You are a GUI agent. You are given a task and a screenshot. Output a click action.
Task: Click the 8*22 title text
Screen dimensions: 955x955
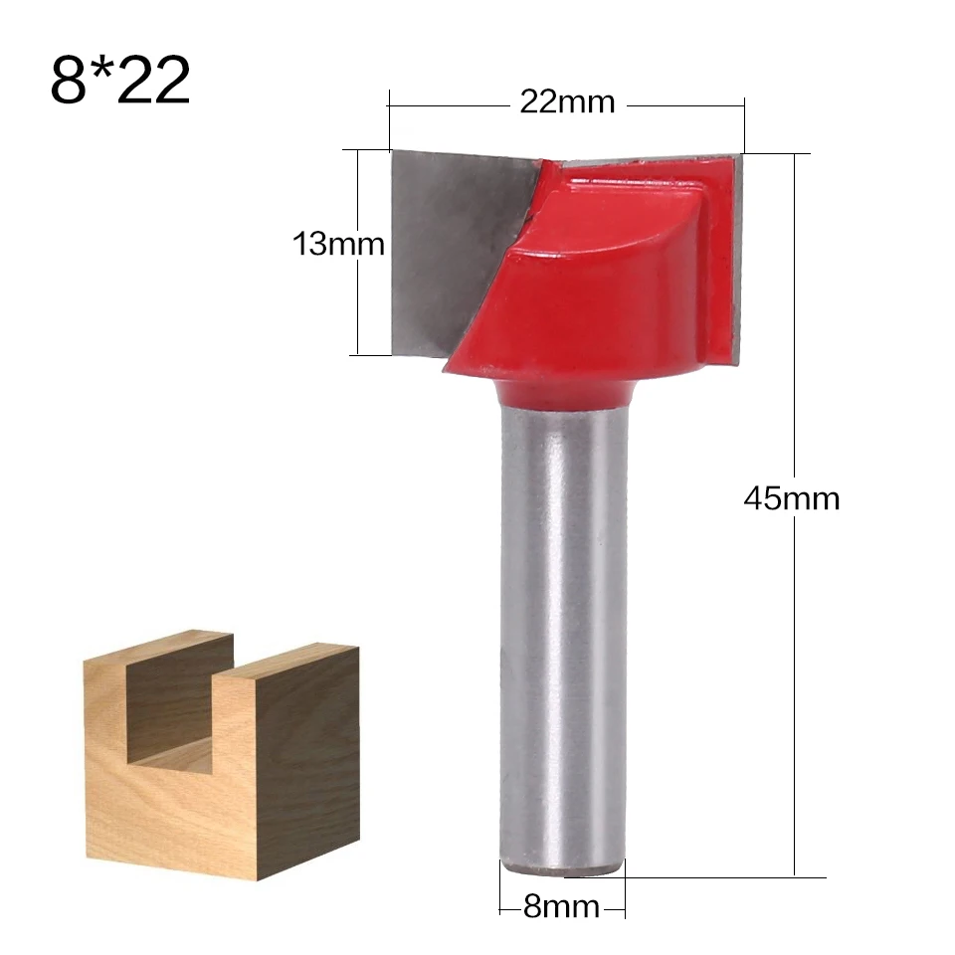tap(119, 82)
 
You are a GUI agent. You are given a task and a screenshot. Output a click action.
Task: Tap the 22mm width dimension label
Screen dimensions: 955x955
tap(567, 101)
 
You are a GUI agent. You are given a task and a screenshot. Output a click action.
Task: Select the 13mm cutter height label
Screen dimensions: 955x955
tap(337, 244)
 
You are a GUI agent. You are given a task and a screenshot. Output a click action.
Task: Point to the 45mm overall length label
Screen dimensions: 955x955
tap(792, 497)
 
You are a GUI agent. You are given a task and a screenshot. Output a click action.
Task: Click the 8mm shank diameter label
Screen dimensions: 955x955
tap(561, 906)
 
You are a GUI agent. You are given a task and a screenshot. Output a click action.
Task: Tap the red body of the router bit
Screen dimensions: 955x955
tap(587, 298)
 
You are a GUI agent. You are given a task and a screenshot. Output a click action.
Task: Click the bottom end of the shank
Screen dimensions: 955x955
tap(563, 867)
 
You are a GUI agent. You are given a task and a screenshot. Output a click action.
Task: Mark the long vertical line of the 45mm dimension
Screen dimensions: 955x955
tap(795, 696)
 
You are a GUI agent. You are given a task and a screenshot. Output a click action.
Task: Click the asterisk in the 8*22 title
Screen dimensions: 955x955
tap(102, 70)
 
